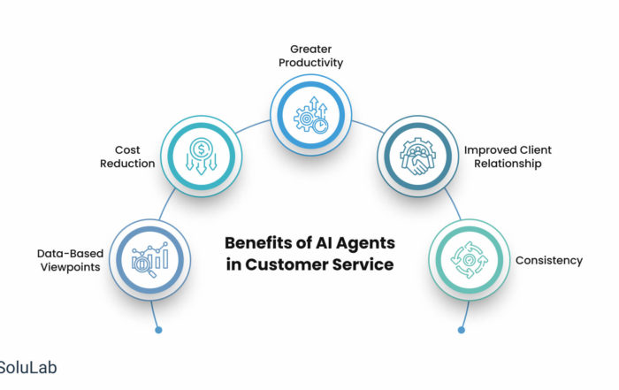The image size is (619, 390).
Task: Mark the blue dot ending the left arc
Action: click(x=158, y=330)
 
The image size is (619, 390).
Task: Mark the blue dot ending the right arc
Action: click(x=460, y=330)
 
